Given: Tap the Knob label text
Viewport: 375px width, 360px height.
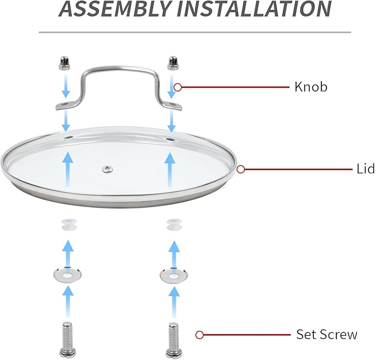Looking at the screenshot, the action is (311, 87).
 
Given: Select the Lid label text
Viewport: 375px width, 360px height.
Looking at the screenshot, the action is (366, 169).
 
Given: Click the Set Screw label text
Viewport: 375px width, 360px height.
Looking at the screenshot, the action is (327, 334).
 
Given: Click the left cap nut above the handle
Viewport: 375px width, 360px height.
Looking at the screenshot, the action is (64, 62).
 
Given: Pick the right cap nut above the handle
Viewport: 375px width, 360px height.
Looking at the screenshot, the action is (173, 63).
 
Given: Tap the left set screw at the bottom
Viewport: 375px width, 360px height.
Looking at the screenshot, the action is (68, 340).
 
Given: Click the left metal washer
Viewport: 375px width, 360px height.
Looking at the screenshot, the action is (67, 275).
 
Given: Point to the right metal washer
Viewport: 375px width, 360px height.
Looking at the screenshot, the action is (173, 276).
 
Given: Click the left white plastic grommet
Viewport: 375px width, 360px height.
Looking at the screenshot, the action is (68, 224).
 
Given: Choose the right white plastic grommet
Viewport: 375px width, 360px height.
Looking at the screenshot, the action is (174, 225).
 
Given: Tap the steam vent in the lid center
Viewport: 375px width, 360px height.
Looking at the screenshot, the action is (108, 169).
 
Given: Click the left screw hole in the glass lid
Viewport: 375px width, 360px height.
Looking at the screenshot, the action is (68, 137).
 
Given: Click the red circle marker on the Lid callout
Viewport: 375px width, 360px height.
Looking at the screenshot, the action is (241, 170).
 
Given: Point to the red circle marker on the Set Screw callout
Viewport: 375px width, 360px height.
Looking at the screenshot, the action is (199, 335).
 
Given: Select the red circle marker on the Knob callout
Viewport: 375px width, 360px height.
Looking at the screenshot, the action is (177, 87).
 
